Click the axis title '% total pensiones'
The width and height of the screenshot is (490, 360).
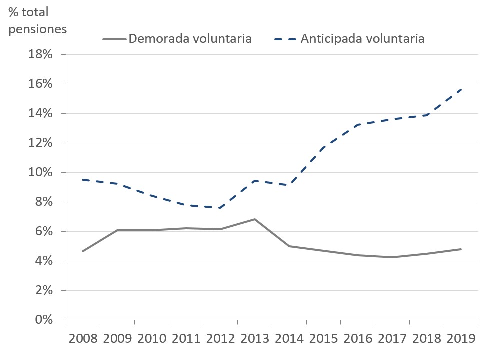37,20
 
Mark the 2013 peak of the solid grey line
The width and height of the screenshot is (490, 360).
255,219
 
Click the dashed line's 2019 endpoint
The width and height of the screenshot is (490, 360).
461,89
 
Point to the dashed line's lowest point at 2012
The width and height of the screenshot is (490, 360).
220,208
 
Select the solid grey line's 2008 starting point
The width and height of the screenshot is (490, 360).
83,251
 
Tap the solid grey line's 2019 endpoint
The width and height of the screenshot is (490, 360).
461,249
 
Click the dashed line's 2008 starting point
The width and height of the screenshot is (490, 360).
83,179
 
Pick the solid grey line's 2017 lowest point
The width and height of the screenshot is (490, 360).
392,257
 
